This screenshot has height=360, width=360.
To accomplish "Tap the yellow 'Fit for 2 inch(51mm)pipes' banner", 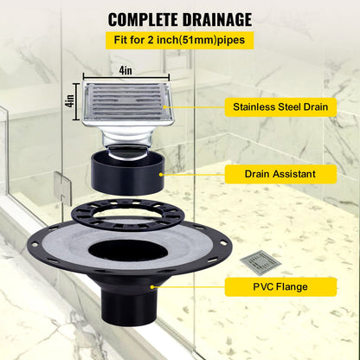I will click(x=180, y=40).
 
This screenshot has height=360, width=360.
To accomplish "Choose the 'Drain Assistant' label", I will click(x=268, y=174).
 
